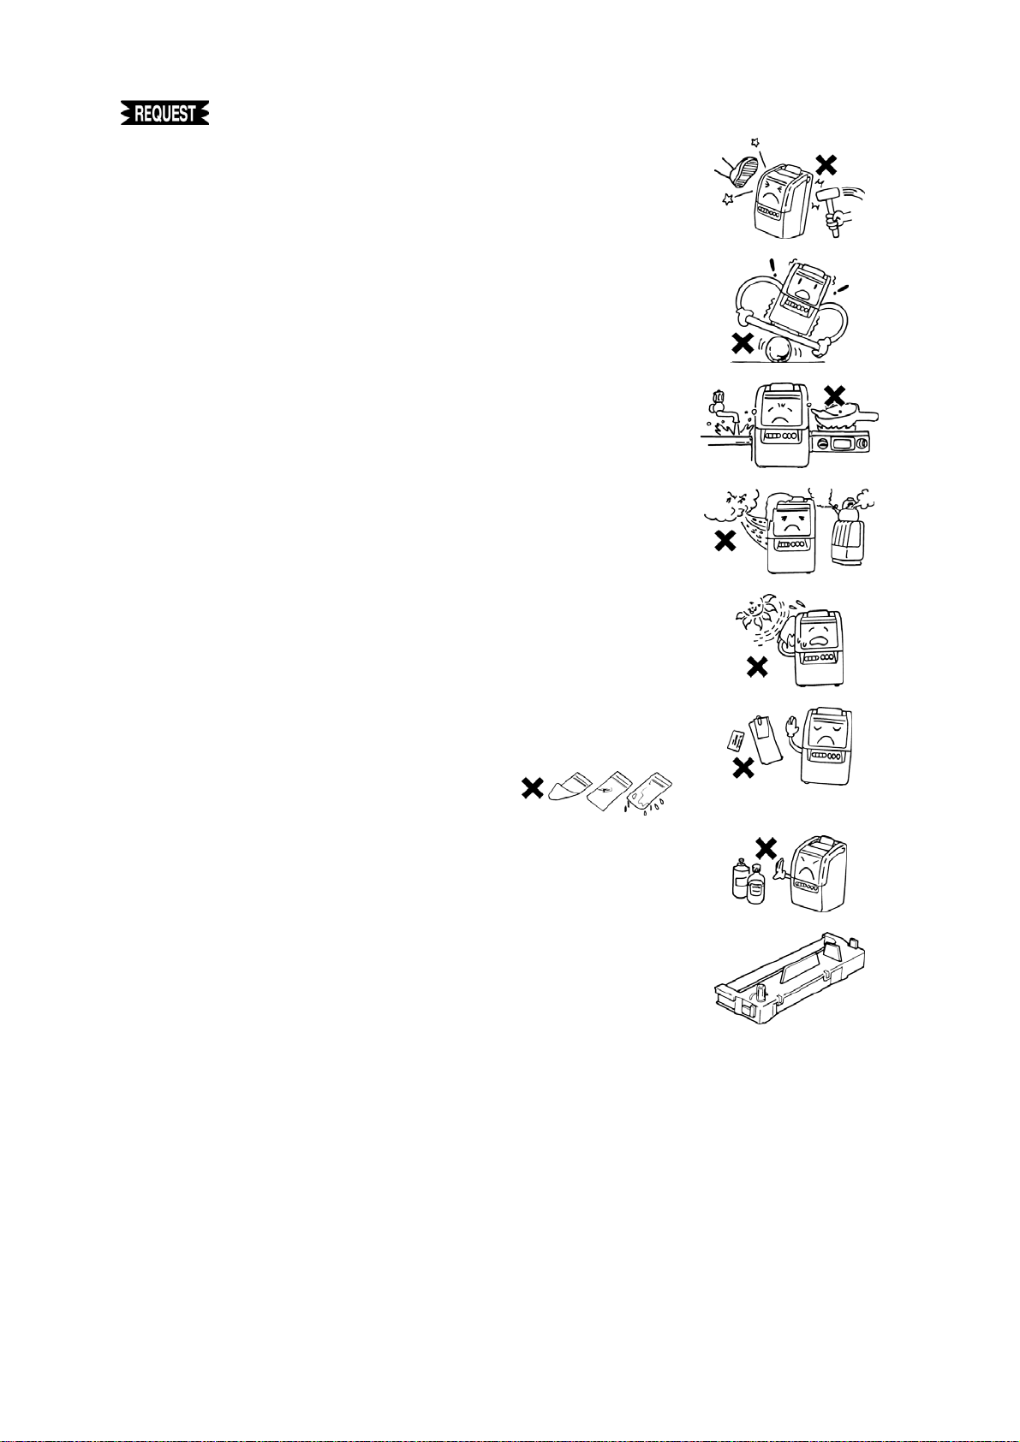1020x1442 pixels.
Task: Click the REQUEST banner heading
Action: pos(165,114)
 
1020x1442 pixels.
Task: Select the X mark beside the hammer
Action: pos(826,165)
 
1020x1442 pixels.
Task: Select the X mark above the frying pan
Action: pos(833,395)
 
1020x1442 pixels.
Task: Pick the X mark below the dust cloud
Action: pos(725,541)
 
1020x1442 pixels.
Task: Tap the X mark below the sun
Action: pos(756,667)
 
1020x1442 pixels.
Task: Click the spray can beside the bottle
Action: pos(740,881)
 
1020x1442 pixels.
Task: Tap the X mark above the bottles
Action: pos(766,848)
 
